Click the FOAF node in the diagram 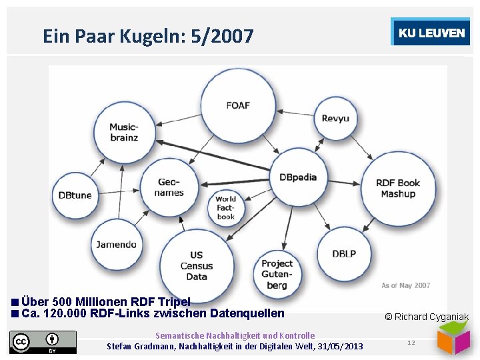(239, 105)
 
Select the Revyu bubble (335, 118)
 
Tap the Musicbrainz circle (124, 132)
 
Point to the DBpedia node (298, 177)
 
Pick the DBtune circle (75, 195)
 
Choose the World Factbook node (225, 207)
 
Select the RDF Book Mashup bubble (398, 188)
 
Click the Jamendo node (116, 244)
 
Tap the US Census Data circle (197, 265)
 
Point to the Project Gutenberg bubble (277, 274)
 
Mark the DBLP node (345, 253)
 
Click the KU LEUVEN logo (431, 33)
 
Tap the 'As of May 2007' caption (405, 285)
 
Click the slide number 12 (411, 343)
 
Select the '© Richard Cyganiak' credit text (427, 317)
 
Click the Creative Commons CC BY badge (43, 342)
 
